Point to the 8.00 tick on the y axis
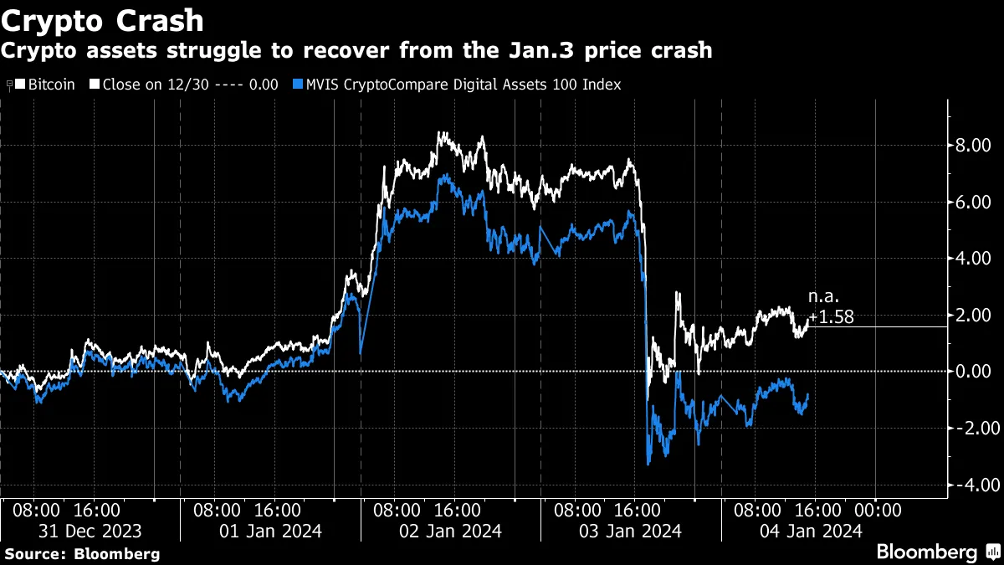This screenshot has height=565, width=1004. [973, 146]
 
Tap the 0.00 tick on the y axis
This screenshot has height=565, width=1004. [973, 372]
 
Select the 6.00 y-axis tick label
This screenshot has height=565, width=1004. [973, 203]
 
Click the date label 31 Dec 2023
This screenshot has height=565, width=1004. [90, 531]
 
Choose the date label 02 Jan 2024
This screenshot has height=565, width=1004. [450, 531]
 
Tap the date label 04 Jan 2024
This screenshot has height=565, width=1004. [810, 531]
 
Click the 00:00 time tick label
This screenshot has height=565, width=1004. [876, 510]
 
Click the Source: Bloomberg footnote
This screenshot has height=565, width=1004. [82, 553]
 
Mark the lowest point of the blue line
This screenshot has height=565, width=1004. [648, 464]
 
